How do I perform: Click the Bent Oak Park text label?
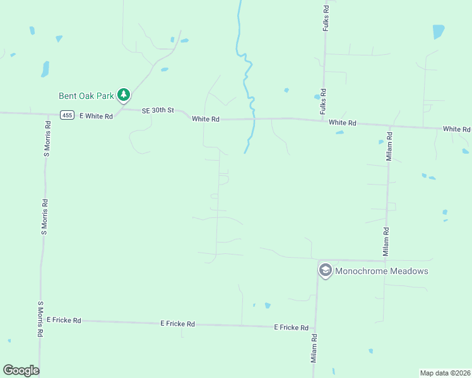coord(86,96)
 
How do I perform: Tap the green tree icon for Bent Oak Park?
coord(124,95)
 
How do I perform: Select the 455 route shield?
coord(68,115)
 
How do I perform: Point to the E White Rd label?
coord(95,116)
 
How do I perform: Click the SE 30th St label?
coord(157,110)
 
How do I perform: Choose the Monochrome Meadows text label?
coord(382,271)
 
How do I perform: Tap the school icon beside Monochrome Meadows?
coord(325,271)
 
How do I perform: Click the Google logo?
coord(21,370)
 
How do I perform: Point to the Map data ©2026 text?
coord(445,372)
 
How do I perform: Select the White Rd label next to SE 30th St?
coord(206,119)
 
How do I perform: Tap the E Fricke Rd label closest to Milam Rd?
coord(291,328)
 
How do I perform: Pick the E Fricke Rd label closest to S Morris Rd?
coord(63,320)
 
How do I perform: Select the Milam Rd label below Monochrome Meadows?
coord(313,348)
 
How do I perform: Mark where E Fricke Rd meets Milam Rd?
coord(315,327)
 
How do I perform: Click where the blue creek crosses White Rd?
coord(253,118)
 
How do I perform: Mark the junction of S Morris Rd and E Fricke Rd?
coord(42,319)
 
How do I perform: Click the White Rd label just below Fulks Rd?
coord(343,123)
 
